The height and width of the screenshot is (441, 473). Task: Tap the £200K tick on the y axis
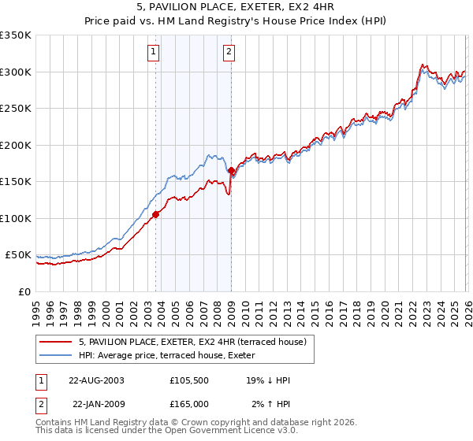16,145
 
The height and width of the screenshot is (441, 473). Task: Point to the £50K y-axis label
18,255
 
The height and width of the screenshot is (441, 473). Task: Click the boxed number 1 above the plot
153,53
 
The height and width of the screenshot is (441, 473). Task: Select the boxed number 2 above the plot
229,53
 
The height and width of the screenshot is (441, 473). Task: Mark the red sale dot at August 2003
156,214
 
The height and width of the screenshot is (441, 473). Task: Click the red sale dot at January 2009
231,170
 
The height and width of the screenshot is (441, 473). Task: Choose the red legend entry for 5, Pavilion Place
197,342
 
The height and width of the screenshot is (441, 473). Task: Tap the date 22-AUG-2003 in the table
96,380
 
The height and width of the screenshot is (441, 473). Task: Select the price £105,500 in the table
189,380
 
